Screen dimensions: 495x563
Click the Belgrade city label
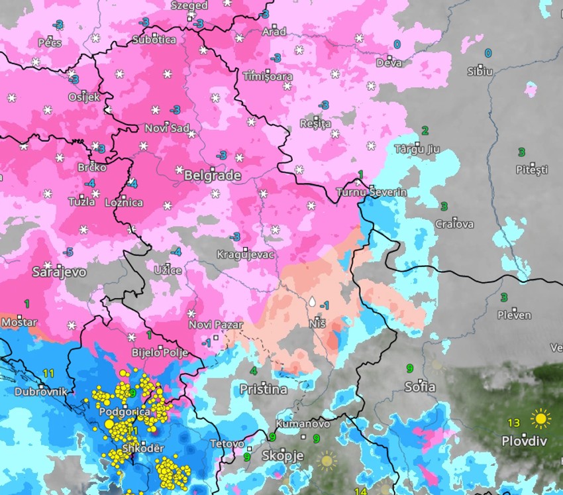[212, 176]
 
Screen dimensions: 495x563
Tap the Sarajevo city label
[60, 272]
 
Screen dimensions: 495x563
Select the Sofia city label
[420, 386]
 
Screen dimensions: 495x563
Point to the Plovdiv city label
[524, 441]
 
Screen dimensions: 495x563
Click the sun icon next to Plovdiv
[540, 419]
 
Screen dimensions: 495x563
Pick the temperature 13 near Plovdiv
[513, 423]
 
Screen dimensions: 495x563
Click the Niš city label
[317, 325]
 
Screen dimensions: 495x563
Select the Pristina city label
[263, 390]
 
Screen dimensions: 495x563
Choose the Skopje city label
[282, 456]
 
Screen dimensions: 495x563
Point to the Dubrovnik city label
[41, 391]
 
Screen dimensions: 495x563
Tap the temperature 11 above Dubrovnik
[48, 374]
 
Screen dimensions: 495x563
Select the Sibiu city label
[480, 71]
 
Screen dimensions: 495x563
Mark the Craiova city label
[454, 224]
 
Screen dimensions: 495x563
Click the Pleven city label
[514, 315]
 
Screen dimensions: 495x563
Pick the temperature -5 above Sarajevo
[67, 252]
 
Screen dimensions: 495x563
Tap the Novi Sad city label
[167, 128]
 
